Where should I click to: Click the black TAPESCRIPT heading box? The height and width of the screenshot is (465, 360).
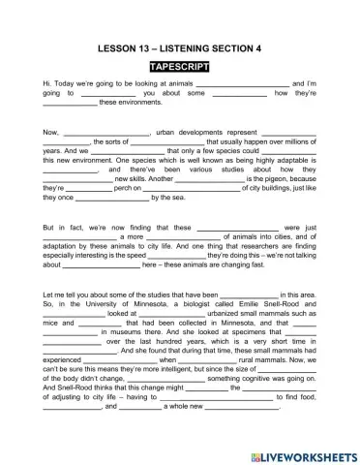click(181, 67)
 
